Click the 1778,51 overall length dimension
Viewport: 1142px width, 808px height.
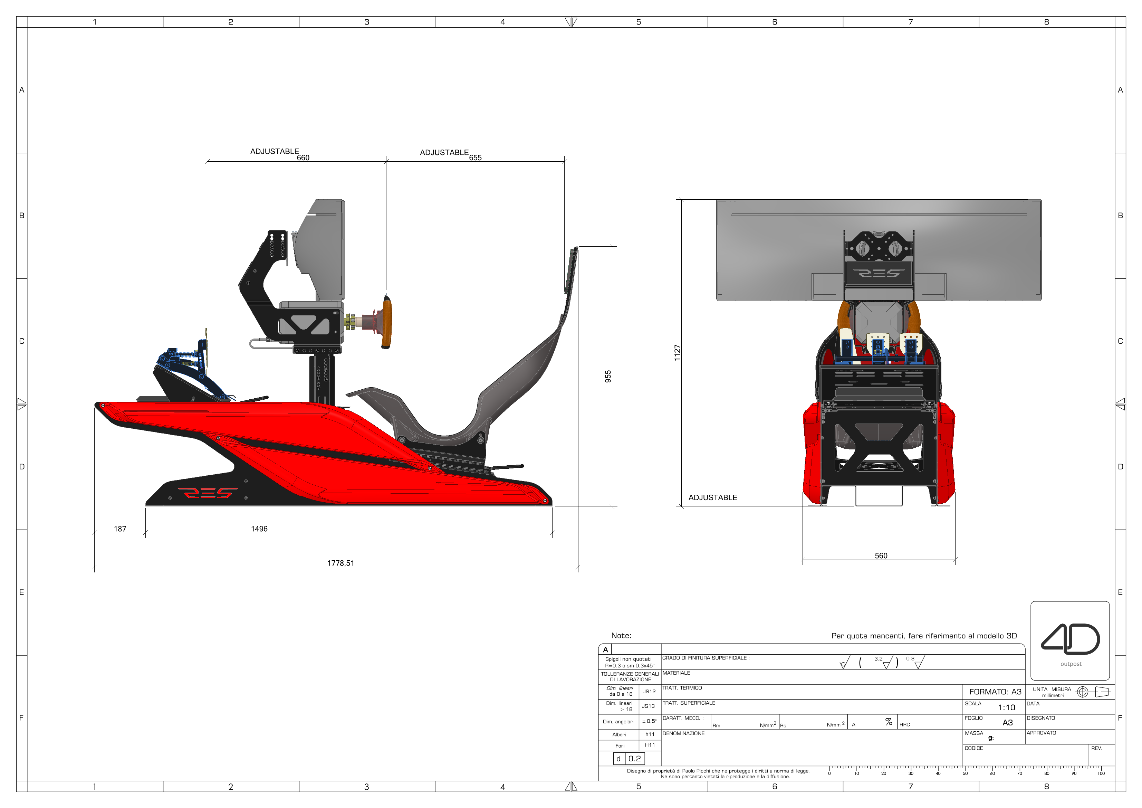pyautogui.click(x=341, y=563)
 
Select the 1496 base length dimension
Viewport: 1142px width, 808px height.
pyautogui.click(x=259, y=529)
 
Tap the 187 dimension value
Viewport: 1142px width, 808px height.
pyautogui.click(x=120, y=529)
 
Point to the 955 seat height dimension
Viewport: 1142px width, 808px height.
pyautogui.click(x=608, y=376)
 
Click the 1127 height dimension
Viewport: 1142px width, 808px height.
pyautogui.click(x=677, y=353)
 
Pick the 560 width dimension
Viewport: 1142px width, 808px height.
pyautogui.click(x=881, y=556)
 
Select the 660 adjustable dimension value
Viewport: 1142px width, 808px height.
pyautogui.click(x=303, y=158)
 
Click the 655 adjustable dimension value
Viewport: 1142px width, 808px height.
pyautogui.click(x=475, y=158)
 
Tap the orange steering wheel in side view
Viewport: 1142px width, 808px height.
pyautogui.click(x=386, y=322)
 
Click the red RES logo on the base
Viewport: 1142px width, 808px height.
pyautogui.click(x=208, y=493)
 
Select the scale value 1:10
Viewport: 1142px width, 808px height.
pyautogui.click(x=1006, y=707)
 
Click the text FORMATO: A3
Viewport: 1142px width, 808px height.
pyautogui.click(x=995, y=692)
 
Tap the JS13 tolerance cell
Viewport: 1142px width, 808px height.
pyautogui.click(x=648, y=706)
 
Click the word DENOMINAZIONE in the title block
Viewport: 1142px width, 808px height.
pyautogui.click(x=683, y=733)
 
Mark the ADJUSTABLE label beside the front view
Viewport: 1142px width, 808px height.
pyautogui.click(x=713, y=497)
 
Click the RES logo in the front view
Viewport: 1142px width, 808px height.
pyautogui.click(x=879, y=273)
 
